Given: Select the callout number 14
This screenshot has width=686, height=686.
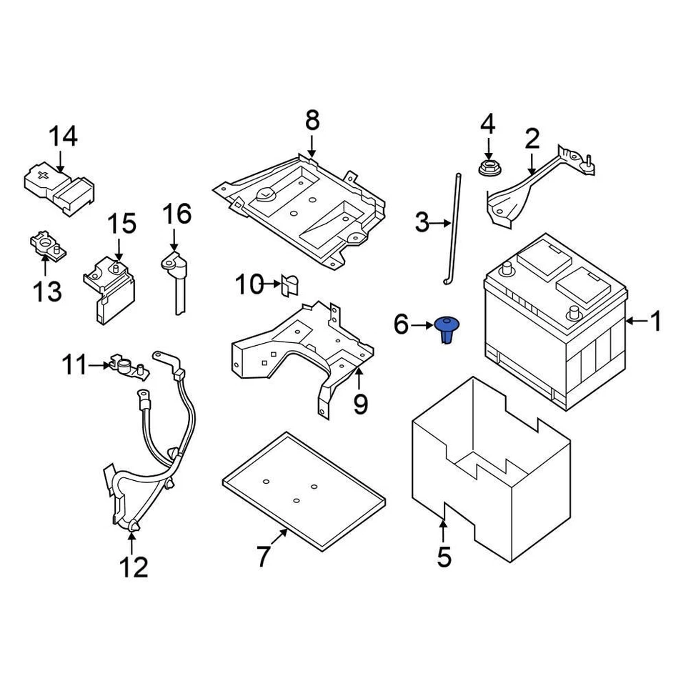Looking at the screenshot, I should tap(63, 136).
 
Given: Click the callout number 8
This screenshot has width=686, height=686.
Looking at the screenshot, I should tap(312, 121).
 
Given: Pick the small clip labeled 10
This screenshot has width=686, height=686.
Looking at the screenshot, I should tap(290, 285).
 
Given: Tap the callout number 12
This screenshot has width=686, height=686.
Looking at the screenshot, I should tap(133, 567).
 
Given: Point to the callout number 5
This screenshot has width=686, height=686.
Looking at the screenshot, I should tap(444, 557).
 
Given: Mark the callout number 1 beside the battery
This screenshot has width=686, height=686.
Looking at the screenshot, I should tap(655, 322).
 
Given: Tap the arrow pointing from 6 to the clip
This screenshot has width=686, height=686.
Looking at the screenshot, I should tap(422, 326).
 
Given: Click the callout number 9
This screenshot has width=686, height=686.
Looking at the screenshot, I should tap(360, 404).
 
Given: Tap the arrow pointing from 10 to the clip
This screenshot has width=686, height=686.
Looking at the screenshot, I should tap(273, 285).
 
